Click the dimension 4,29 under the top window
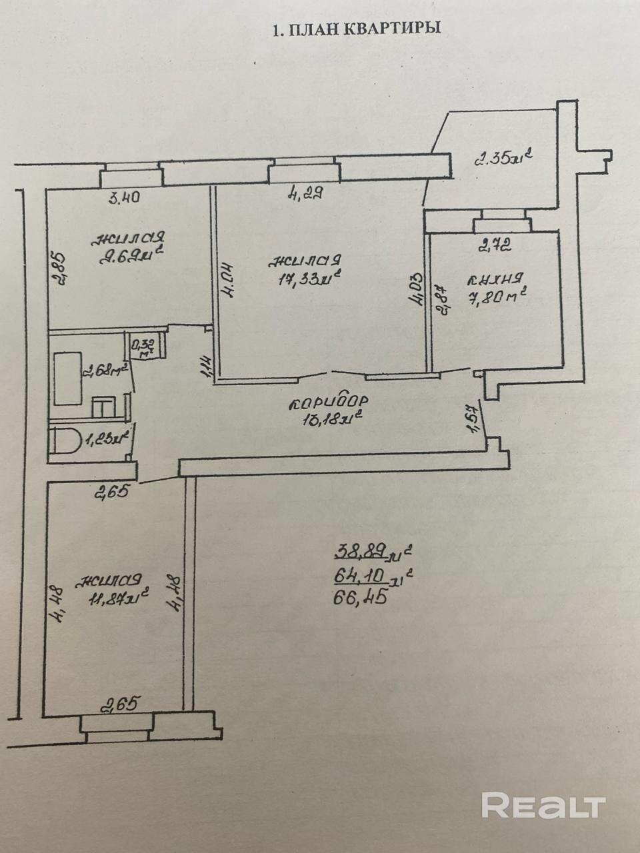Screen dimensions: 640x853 pyautogui.click(x=305, y=194)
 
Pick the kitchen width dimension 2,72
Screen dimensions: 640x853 pyautogui.click(x=495, y=247)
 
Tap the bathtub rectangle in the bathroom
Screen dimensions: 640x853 pyautogui.click(x=67, y=379)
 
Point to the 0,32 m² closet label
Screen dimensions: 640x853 pyautogui.click(x=143, y=347)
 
